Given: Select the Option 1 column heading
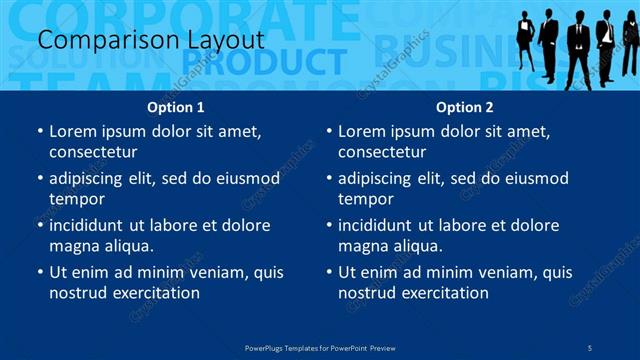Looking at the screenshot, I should pyautogui.click(x=176, y=107).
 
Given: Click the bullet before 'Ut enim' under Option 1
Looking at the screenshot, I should pyautogui.click(x=40, y=272).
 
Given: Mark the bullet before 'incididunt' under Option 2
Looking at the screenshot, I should pyautogui.click(x=329, y=225).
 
